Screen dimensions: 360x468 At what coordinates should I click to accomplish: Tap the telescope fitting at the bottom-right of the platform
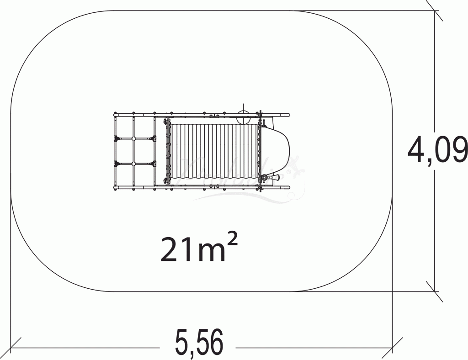coord(265,177)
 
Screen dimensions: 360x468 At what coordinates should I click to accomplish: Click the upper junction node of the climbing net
coord(133,138)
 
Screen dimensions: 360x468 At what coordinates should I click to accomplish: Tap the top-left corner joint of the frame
coord(116,114)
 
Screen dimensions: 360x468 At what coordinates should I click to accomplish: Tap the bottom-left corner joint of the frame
coord(116,186)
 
